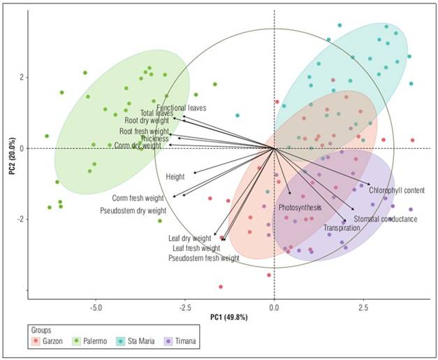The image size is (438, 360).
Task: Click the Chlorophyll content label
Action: coord(397,190)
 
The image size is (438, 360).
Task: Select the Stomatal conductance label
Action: coord(386,219)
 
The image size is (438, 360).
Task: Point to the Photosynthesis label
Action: coord(300,208)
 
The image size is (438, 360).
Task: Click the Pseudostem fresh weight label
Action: coord(204,258)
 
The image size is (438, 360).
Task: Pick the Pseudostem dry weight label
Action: coord(133,210)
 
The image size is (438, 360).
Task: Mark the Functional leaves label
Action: coord(181,108)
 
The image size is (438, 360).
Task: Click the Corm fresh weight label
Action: coord(138,199)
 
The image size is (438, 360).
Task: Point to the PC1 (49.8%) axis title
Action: coord(229,317)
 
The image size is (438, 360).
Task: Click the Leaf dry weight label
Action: coord(189,238)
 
